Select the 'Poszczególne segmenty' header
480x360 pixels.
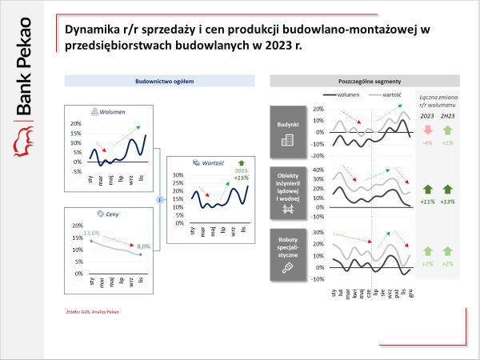[365, 81]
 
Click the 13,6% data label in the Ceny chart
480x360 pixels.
[91, 233]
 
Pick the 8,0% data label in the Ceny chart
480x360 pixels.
[144, 246]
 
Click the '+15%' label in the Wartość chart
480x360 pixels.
[241, 177]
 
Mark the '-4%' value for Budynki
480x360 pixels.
[426, 142]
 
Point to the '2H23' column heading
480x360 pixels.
[448, 115]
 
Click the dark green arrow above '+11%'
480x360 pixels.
[426, 190]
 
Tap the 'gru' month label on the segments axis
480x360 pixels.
[411, 295]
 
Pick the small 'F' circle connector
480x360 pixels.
[159, 200]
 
